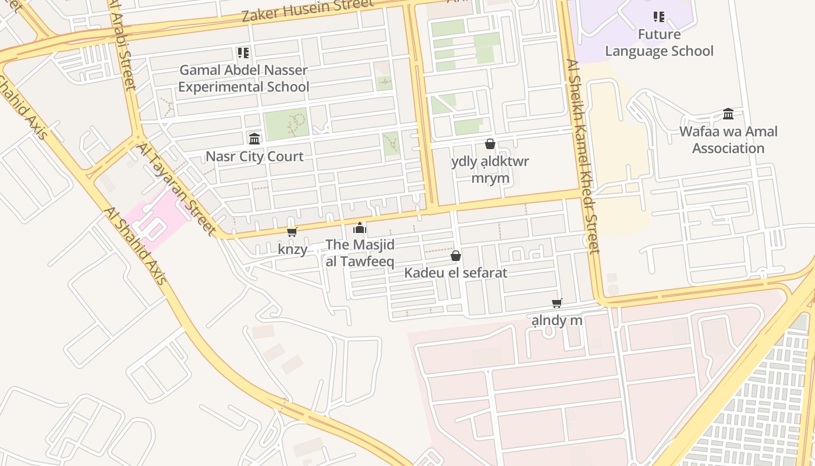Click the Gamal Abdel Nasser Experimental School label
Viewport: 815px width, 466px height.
[x=243, y=79]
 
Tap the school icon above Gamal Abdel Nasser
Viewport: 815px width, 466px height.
[x=243, y=53]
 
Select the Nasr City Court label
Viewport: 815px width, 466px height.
[x=254, y=157]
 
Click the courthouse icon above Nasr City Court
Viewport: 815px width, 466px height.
[x=254, y=139]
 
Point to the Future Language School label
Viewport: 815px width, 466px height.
[x=659, y=43]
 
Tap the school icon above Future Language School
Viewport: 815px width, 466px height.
[x=659, y=16]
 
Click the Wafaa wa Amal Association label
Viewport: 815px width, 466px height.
[x=728, y=140]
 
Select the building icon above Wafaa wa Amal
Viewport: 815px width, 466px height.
[x=728, y=114]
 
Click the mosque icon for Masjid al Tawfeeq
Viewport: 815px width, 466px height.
[x=360, y=228]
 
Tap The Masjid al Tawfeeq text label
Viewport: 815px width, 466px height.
[x=360, y=253]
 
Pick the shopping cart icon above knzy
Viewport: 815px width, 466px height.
[x=292, y=232]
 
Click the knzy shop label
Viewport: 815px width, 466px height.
[x=292, y=249]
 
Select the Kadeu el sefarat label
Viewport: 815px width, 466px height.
[x=456, y=273]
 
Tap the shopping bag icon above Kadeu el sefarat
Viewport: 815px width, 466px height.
[x=456, y=256]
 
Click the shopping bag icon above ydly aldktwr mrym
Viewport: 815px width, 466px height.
[x=490, y=144]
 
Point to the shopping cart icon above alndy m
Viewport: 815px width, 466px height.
[x=557, y=303]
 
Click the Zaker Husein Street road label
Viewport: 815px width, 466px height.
[x=307, y=10]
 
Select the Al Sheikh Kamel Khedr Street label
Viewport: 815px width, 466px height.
[x=582, y=156]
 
